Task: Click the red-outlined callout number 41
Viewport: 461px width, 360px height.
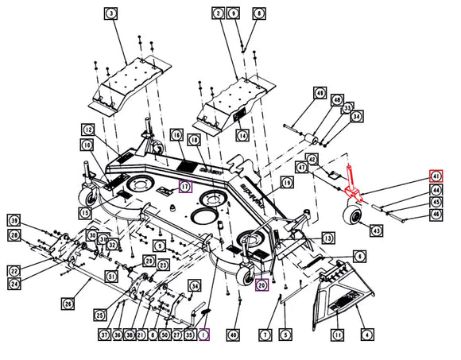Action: tap(436, 176)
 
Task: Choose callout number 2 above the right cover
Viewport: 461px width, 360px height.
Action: tap(218, 14)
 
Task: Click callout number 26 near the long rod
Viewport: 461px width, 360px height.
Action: tap(68, 303)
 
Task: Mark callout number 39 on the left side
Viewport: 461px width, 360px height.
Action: tap(14, 219)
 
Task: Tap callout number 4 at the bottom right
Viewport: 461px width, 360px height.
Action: tap(366, 336)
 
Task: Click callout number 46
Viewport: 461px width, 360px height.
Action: tap(436, 215)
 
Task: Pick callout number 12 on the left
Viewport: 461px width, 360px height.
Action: tap(87, 130)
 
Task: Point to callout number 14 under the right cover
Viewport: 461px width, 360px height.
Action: tap(242, 134)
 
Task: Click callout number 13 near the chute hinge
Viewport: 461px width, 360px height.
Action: tap(327, 238)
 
